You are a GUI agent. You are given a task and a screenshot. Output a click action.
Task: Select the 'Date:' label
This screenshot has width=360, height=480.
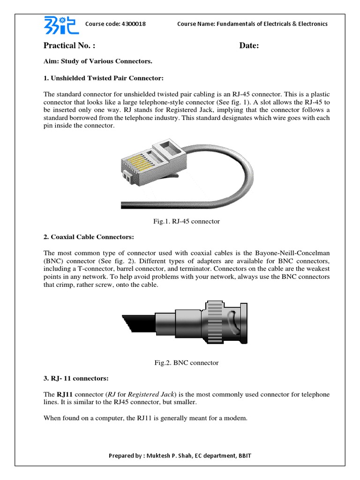coord(249,45)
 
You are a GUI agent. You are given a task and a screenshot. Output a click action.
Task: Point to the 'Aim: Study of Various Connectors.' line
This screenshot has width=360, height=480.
coord(98,61)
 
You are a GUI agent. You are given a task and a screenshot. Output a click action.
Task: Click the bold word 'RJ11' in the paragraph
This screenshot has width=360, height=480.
coord(65,394)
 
